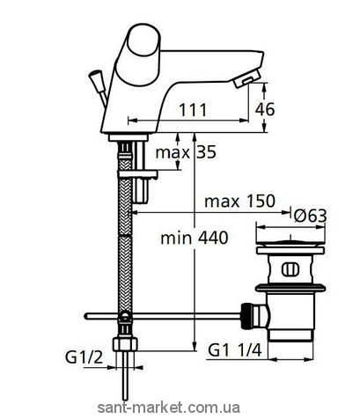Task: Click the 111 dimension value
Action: click(193, 110)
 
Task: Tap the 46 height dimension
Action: click(265, 109)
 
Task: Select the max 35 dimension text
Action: click(186, 152)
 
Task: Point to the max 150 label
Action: click(239, 201)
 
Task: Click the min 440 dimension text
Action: click(195, 238)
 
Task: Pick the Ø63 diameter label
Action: click(310, 216)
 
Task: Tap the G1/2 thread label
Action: click(84, 357)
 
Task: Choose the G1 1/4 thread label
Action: click(234, 350)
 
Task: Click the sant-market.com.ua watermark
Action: click(168, 408)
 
